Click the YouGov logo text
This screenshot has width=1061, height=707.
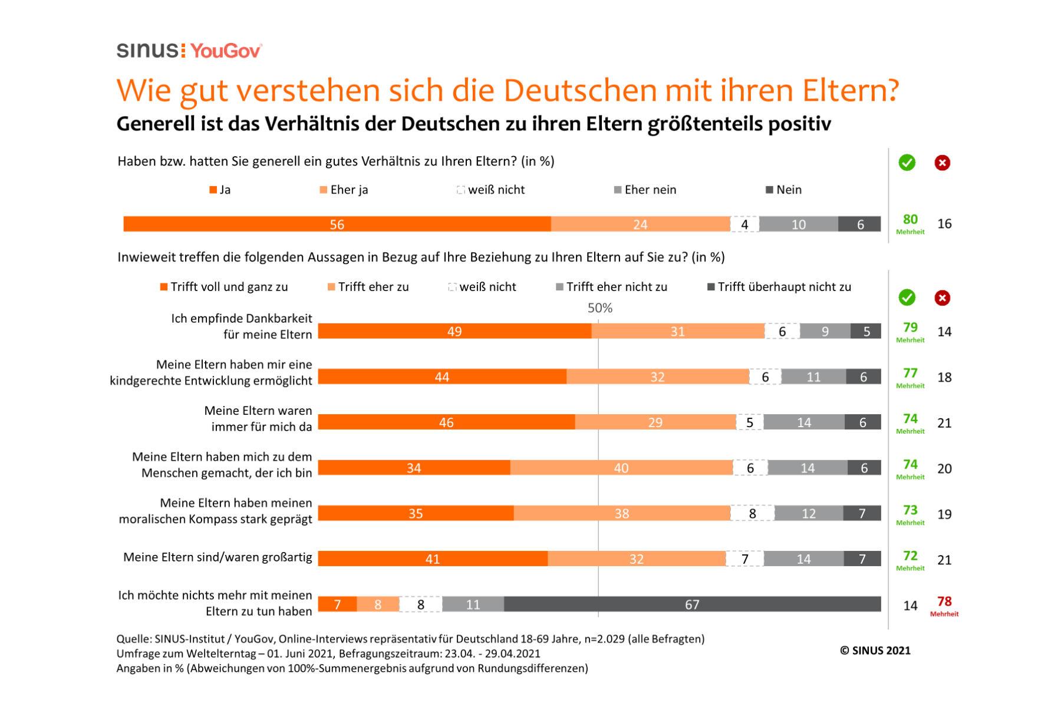(x=226, y=51)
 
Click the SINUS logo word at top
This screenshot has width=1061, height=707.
(x=147, y=51)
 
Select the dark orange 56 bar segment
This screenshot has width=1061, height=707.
(x=337, y=224)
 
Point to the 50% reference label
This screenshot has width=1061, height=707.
(x=599, y=308)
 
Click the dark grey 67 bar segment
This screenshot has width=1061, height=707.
(x=692, y=604)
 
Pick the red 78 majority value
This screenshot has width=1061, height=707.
(x=944, y=602)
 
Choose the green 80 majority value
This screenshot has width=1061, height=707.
(x=910, y=220)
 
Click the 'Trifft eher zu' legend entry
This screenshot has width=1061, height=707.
(x=368, y=287)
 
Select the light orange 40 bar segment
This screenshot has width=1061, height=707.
(x=621, y=468)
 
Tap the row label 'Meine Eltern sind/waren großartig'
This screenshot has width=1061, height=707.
(x=218, y=557)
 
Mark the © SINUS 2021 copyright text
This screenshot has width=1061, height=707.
(x=875, y=650)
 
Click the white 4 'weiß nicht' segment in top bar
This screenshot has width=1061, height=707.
(x=744, y=224)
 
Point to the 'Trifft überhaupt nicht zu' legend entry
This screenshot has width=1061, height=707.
(x=779, y=287)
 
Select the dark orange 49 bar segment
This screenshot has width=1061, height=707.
(x=454, y=332)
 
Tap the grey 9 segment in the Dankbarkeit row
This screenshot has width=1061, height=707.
(x=825, y=332)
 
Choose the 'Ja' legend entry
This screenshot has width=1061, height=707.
(x=220, y=190)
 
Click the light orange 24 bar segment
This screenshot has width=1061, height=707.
(x=640, y=224)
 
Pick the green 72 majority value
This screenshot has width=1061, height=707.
(x=910, y=556)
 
